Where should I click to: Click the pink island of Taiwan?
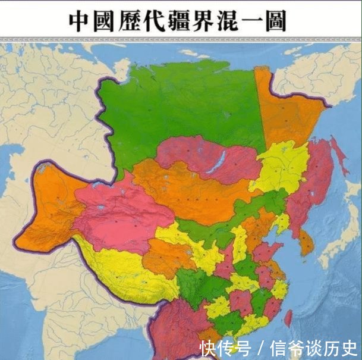[x=289, y=318]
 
